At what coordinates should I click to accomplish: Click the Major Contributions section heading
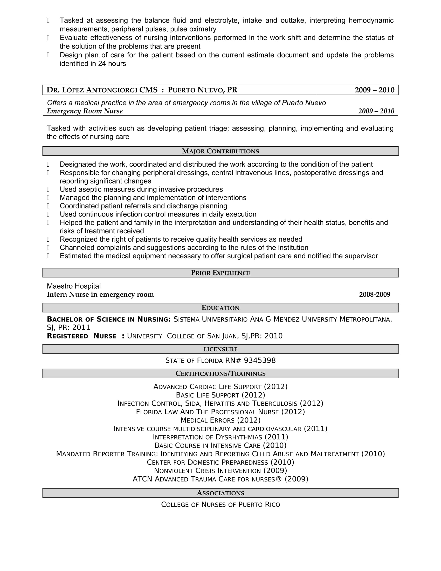point(220,151)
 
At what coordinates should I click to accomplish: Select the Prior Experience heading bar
point(220,273)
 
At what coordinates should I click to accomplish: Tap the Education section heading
point(220,308)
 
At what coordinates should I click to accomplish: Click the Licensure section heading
point(220,349)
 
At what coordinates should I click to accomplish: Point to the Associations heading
point(220,493)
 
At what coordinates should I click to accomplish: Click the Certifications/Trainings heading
point(220,373)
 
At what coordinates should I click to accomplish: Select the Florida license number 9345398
point(259,361)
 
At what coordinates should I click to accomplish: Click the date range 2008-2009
point(374,294)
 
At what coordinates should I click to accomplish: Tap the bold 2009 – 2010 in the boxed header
point(374,90)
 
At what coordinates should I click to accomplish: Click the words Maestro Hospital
point(74,286)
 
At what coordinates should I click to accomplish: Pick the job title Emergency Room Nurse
point(85,111)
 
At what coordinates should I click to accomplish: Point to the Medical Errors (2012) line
point(220,420)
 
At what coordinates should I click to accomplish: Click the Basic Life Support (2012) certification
point(220,395)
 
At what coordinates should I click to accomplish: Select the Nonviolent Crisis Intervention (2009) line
point(220,471)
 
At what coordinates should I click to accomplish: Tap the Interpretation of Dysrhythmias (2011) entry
point(220,437)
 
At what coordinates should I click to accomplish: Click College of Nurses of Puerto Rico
point(220,505)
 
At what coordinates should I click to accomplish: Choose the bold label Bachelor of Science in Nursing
point(109,319)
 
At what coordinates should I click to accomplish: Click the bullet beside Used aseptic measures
point(48,189)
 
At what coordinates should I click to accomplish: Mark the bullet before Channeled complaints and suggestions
point(48,248)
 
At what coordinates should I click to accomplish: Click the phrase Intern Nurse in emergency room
point(100,294)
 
